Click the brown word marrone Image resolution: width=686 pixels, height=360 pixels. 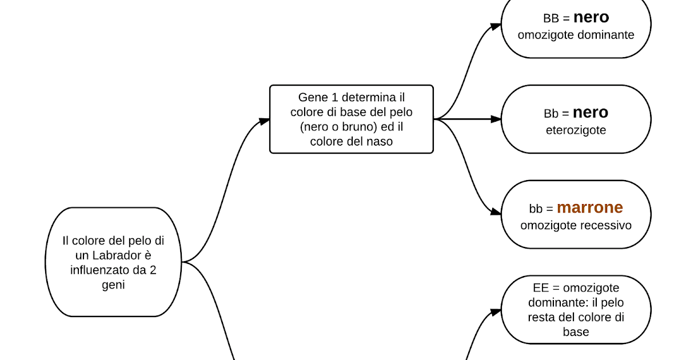point(590,207)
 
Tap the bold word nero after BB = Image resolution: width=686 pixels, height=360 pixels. point(591,17)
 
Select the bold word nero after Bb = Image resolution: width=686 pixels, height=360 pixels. point(591,112)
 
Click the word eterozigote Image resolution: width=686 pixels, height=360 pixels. point(576,130)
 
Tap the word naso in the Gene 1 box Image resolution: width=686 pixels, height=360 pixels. point(380,141)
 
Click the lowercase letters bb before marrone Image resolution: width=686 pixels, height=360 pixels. point(536,209)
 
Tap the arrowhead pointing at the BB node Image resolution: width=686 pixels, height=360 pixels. point(496,26)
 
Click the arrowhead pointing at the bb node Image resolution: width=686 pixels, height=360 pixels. point(496,212)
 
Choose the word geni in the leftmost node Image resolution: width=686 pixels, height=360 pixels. point(113,284)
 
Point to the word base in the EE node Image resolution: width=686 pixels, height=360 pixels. point(576,332)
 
